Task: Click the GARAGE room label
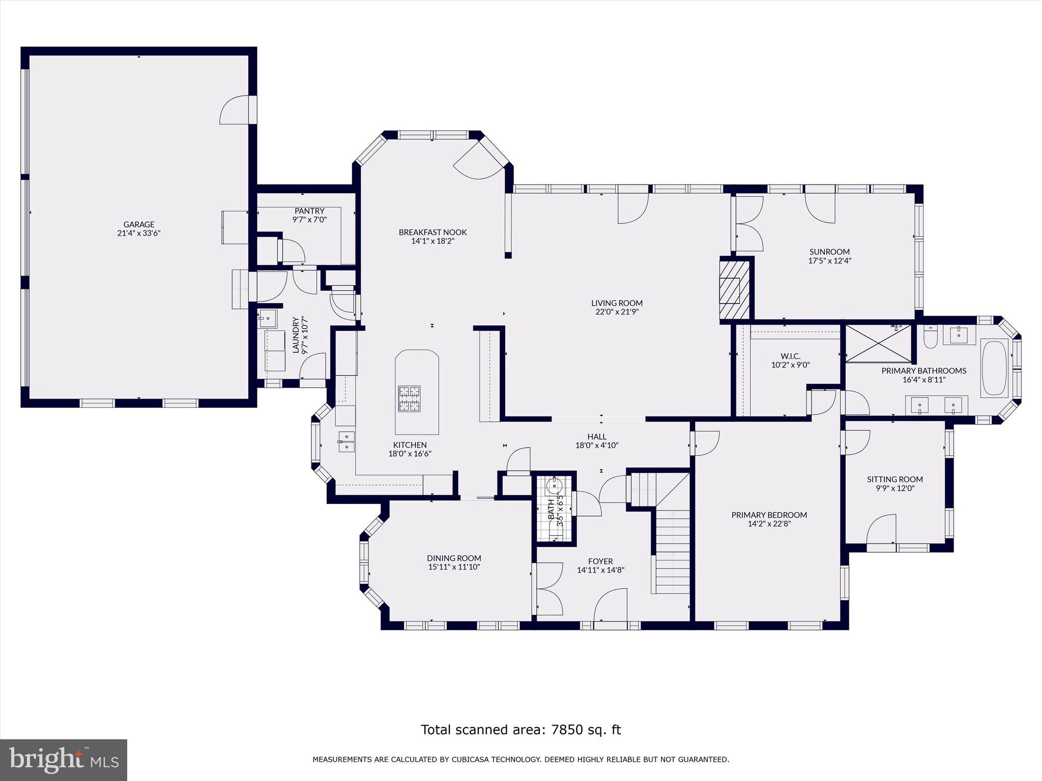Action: pos(138,224)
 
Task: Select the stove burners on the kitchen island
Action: pos(410,399)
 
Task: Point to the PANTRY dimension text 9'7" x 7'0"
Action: pos(309,220)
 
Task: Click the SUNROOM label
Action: pos(829,252)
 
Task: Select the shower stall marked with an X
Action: pos(879,343)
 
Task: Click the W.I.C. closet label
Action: pos(790,356)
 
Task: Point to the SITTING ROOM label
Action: pos(895,479)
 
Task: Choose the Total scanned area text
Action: pos(520,730)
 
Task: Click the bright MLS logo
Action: pos(64,760)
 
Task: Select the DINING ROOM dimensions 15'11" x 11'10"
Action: pos(454,566)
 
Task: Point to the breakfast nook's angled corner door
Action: pos(478,163)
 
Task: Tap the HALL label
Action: pos(597,436)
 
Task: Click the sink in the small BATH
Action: pos(553,487)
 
